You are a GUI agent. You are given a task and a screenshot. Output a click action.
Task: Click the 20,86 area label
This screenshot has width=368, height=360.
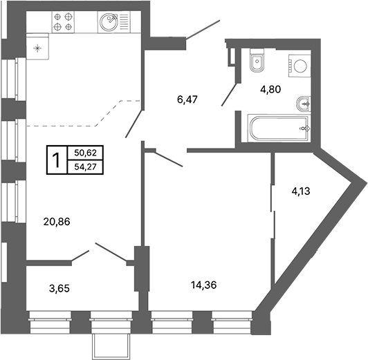[57, 222]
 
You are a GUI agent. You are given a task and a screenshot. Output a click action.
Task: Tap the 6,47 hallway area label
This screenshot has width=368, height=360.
[187, 100]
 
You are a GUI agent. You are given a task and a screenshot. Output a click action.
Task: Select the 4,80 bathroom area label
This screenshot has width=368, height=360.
[270, 89]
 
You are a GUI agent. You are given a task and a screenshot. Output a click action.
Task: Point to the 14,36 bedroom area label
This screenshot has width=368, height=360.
[203, 285]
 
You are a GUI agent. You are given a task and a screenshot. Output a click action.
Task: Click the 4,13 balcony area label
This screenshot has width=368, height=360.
[301, 191]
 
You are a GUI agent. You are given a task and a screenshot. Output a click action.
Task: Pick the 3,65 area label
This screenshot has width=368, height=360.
[59, 288]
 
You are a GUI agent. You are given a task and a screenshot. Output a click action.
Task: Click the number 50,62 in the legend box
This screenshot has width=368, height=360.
[86, 153]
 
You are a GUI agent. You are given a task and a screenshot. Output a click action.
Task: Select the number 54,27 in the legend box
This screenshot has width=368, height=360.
[86, 167]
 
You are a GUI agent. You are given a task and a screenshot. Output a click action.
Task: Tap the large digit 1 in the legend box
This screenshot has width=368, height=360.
[57, 160]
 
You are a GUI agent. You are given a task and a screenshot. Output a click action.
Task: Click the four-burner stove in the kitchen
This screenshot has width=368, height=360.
[63, 22]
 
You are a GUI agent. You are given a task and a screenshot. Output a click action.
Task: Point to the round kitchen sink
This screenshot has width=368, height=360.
[109, 22]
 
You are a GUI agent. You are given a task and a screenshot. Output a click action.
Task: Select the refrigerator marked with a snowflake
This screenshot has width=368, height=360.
[37, 46]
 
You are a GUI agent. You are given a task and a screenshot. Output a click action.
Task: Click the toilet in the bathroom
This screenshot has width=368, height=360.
[257, 61]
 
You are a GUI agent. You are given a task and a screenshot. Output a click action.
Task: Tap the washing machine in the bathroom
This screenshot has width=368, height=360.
[300, 66]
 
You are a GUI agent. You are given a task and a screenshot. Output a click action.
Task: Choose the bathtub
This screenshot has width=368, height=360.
[279, 129]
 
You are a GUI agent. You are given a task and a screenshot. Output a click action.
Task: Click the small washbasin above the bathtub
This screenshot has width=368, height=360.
[304, 104]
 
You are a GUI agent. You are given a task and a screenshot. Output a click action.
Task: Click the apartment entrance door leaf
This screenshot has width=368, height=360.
[203, 29]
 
